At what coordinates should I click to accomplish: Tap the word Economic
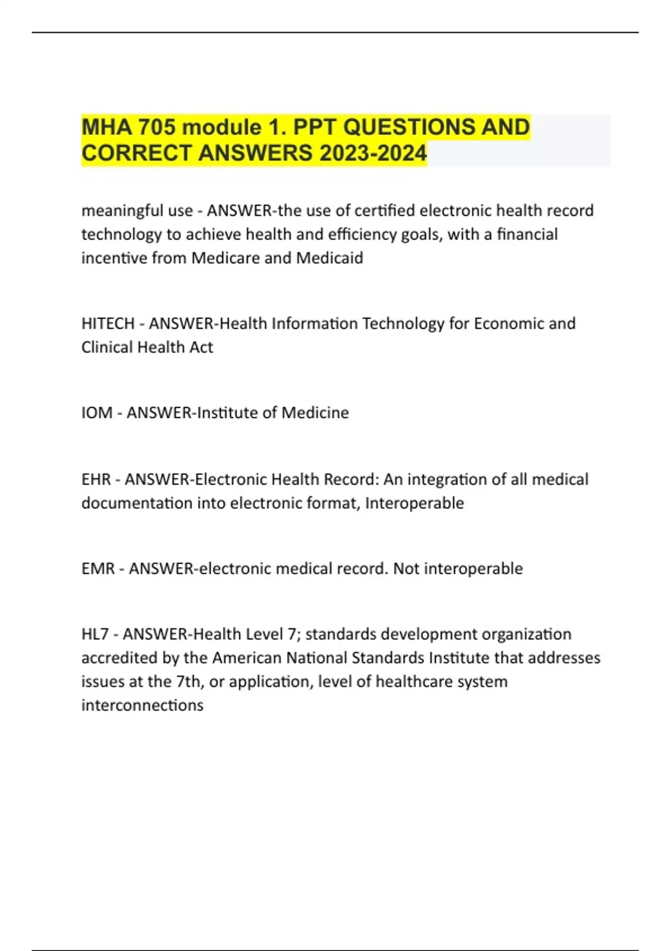[x=508, y=323]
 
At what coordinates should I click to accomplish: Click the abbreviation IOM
[x=97, y=413]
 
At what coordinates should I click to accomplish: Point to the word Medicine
[x=315, y=413]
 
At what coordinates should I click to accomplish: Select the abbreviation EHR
[x=96, y=479]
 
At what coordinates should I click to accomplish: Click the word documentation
[x=137, y=503]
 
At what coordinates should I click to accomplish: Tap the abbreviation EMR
[x=98, y=568]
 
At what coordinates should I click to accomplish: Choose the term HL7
[x=95, y=634]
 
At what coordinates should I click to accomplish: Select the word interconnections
[x=142, y=705]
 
